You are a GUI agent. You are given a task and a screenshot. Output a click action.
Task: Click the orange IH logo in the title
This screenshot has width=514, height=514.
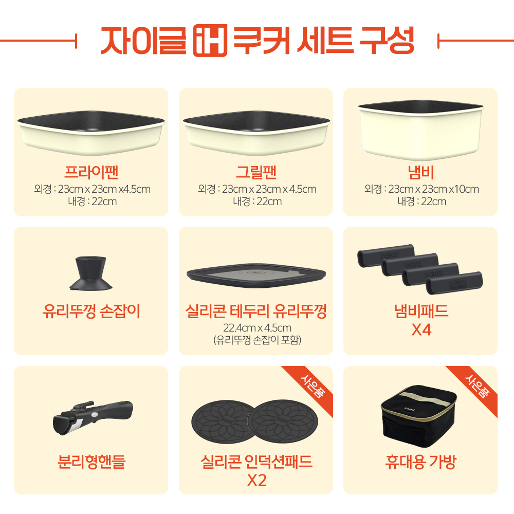[x=210, y=40]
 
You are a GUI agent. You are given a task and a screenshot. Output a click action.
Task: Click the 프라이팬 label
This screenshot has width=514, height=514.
[x=91, y=172]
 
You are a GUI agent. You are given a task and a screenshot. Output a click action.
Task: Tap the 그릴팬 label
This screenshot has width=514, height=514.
[x=256, y=172]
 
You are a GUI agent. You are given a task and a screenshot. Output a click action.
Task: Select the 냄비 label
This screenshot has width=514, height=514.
[x=421, y=172]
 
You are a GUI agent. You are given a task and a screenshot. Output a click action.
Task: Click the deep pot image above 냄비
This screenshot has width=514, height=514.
[x=420, y=130]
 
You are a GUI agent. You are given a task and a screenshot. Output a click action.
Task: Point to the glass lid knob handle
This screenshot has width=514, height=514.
[x=91, y=273]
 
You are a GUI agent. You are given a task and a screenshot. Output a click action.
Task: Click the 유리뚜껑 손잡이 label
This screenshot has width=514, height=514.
[x=91, y=311]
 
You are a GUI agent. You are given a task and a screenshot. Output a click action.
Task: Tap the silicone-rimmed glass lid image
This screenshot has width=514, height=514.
[x=256, y=276]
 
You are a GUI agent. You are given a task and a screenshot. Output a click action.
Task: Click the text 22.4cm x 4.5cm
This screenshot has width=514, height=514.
[x=258, y=328]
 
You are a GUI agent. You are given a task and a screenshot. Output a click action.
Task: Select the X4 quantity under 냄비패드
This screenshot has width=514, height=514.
[x=421, y=330]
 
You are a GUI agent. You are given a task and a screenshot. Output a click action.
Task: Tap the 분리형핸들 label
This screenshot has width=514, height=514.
[x=91, y=462]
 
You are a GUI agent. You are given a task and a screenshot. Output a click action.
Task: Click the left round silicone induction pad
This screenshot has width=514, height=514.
[x=223, y=421]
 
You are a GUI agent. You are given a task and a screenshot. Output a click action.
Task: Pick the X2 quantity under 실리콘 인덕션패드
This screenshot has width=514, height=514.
[x=256, y=481]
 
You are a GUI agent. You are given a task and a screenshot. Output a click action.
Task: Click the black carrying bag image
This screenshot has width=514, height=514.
[x=419, y=416]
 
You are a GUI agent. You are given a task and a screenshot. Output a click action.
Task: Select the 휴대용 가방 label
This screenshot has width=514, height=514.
[x=421, y=462]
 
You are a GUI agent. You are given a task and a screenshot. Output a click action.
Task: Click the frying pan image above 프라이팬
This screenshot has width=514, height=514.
[x=91, y=133]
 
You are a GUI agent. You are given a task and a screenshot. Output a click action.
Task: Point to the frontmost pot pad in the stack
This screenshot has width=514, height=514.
[x=454, y=283]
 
